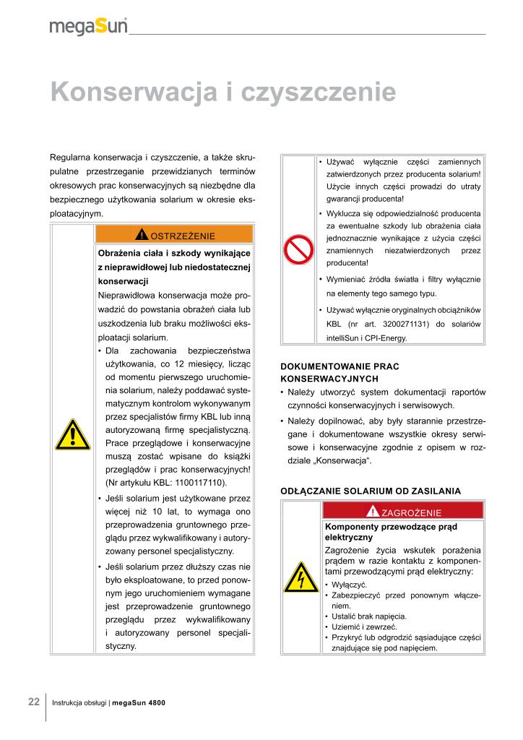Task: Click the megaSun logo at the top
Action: tap(88, 26)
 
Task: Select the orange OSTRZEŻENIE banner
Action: tap(174, 234)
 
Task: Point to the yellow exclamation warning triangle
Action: tap(72, 435)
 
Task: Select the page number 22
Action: tap(33, 702)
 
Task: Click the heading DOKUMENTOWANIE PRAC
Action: tap(339, 366)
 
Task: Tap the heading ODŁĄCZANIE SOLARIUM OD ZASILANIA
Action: tap(370, 491)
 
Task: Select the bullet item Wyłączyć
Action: tap(350, 584)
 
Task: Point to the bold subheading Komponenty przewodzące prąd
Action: tap(391, 526)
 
